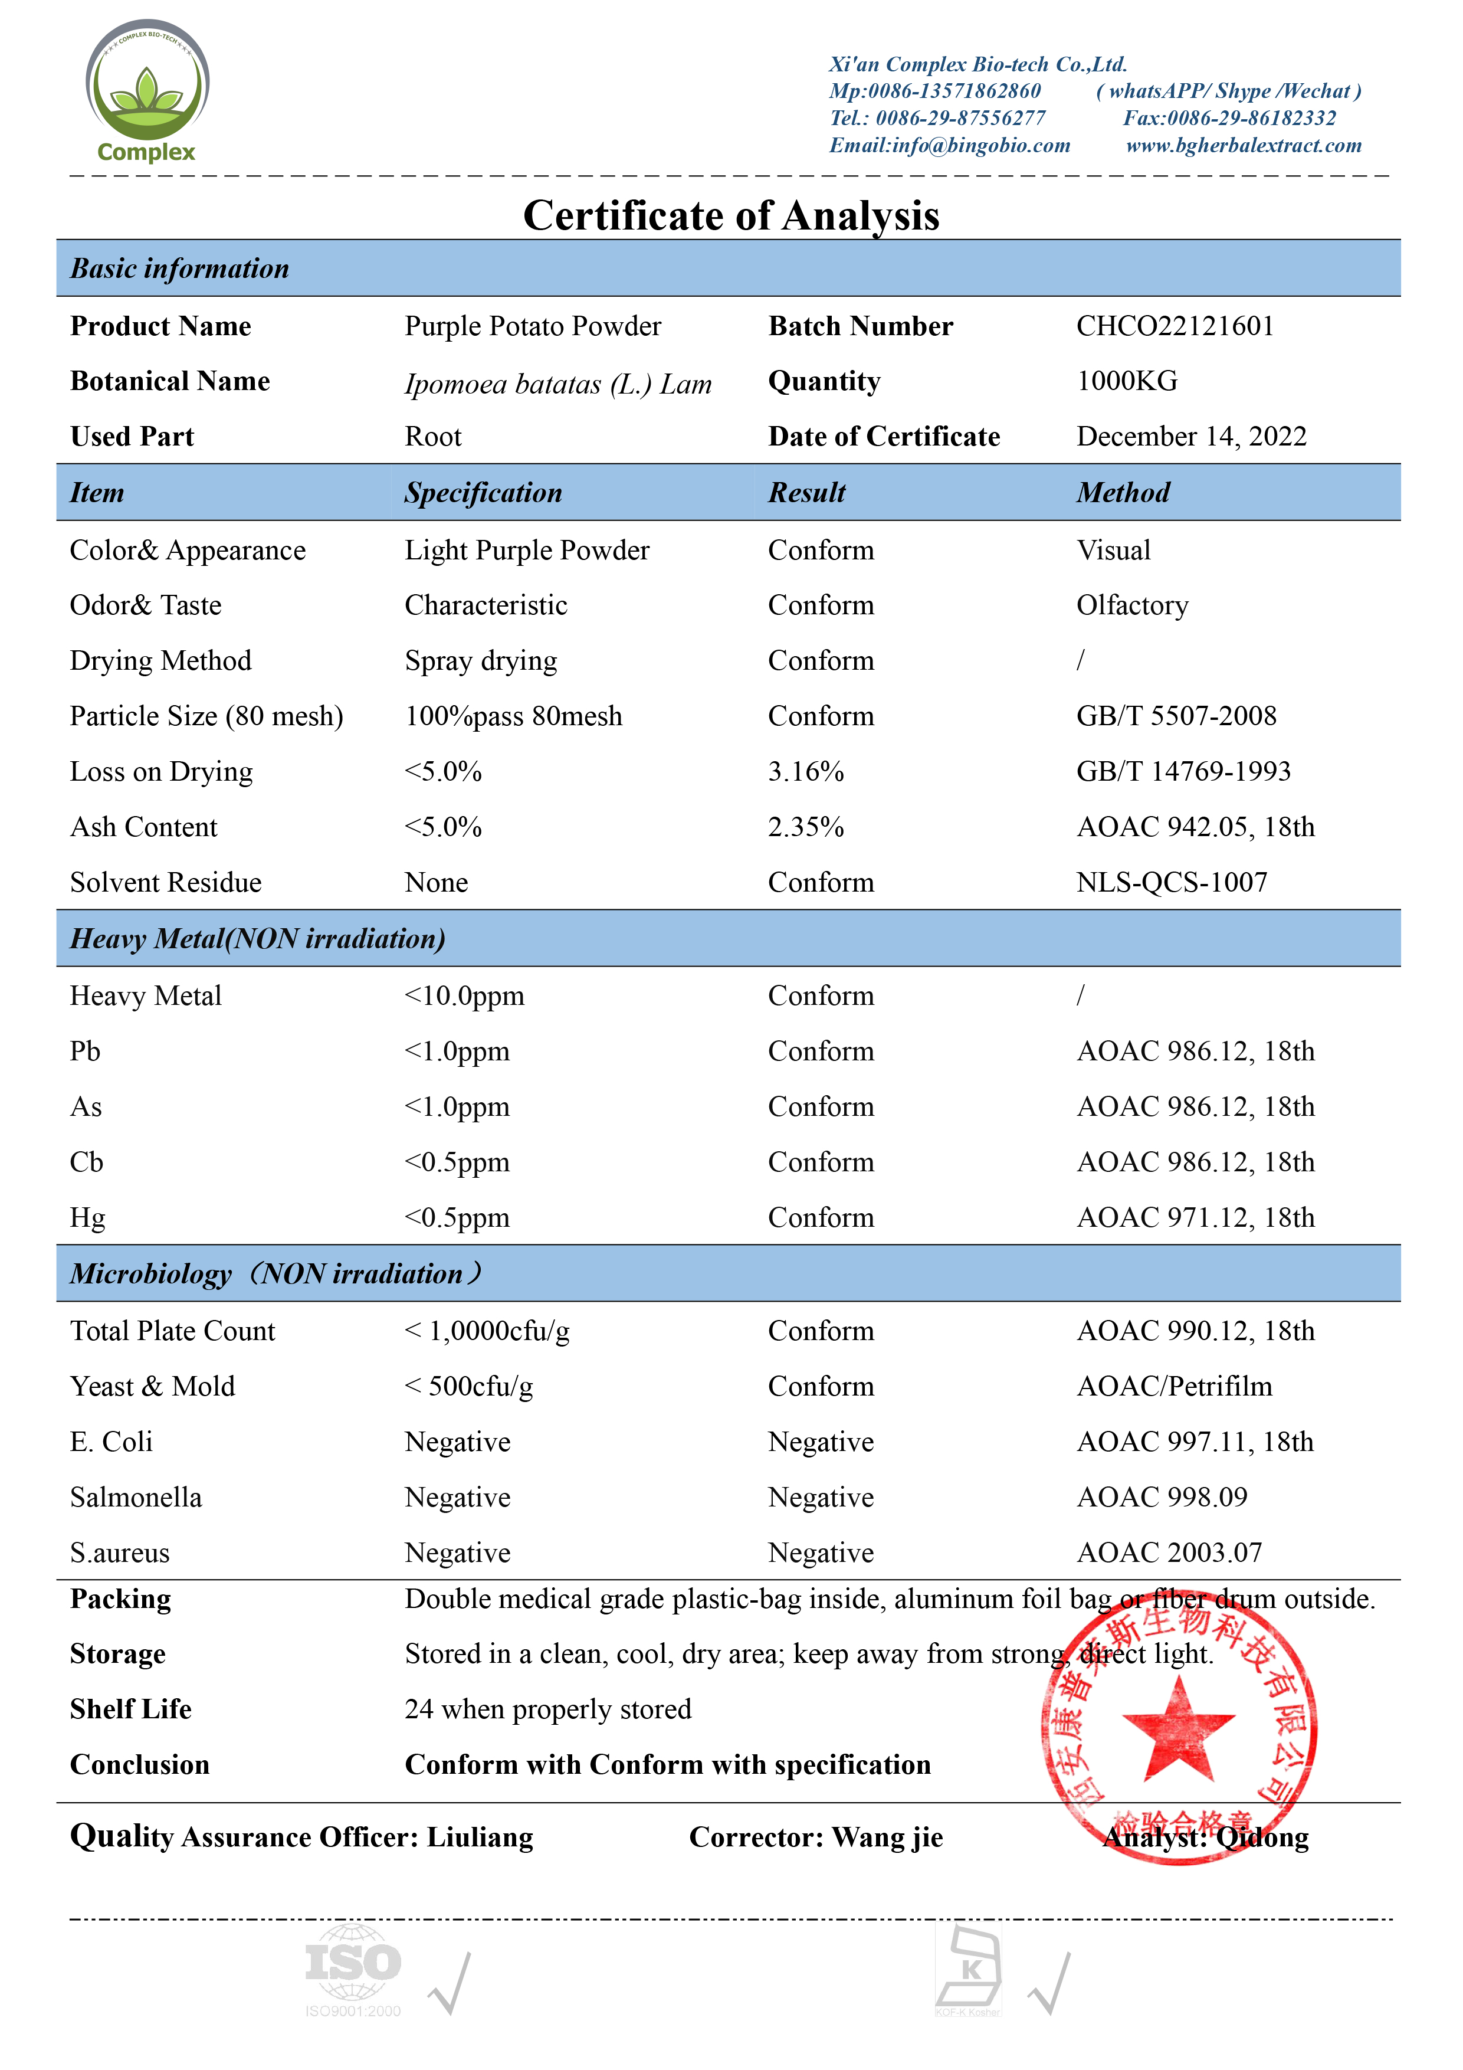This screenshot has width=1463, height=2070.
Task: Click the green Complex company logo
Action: tap(147, 90)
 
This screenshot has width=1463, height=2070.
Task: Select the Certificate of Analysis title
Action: tap(731, 215)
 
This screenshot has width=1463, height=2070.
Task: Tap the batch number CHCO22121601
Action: tap(1175, 326)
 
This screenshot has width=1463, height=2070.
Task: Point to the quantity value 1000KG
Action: tap(1127, 381)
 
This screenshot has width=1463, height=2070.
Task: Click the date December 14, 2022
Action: tap(1191, 436)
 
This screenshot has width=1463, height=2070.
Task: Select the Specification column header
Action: tap(483, 493)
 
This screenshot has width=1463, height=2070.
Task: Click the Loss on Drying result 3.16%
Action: tap(806, 772)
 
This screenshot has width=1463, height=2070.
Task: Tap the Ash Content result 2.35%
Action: tap(806, 827)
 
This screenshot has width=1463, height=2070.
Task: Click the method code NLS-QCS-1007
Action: tap(1172, 883)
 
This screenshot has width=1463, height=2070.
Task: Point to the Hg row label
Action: tap(87, 1218)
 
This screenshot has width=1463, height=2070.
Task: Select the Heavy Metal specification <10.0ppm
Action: tap(464, 996)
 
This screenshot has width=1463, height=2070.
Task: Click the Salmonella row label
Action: tap(136, 1498)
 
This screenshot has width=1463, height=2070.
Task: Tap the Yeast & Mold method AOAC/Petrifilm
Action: tap(1175, 1387)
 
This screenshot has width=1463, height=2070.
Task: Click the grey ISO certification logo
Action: tap(353, 1969)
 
